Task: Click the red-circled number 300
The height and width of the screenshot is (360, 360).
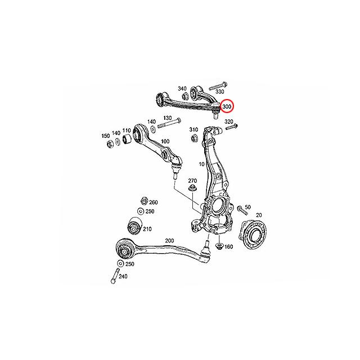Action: click(x=227, y=106)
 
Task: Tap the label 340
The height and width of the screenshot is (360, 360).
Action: click(x=182, y=89)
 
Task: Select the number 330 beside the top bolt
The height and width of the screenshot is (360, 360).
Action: click(x=220, y=92)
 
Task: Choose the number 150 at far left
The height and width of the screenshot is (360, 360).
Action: click(x=105, y=136)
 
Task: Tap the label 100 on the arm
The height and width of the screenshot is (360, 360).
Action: click(x=165, y=141)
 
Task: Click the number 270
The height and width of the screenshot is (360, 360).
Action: click(x=201, y=181)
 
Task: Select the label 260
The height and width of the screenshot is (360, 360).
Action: click(x=153, y=202)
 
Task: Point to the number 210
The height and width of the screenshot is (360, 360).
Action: click(x=147, y=229)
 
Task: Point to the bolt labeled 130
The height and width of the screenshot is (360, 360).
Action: click(x=168, y=121)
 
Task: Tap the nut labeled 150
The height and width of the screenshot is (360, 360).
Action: click(x=108, y=146)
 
